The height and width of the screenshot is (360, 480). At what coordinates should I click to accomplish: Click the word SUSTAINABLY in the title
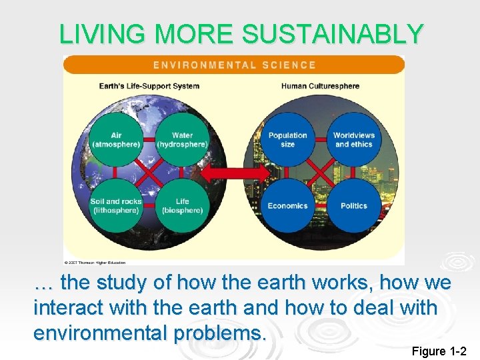point(333,34)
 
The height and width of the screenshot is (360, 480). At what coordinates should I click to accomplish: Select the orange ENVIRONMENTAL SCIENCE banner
point(234,65)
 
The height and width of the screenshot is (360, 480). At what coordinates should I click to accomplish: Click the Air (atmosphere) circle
point(116,139)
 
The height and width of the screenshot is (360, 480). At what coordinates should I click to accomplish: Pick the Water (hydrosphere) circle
point(182,139)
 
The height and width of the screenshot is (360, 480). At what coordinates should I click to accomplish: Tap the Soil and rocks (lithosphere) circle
point(116,205)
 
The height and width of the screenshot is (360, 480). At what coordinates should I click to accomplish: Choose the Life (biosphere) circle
point(182,205)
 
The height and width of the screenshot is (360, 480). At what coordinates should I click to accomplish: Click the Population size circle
point(288,139)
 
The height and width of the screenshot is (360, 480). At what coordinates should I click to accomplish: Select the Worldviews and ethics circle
point(354,139)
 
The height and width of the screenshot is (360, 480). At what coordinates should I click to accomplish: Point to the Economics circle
point(288,205)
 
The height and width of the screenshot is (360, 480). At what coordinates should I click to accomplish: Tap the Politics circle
point(354,205)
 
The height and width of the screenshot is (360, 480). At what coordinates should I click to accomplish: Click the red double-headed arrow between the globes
point(235,173)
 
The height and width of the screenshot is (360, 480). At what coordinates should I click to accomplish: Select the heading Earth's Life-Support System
point(149,86)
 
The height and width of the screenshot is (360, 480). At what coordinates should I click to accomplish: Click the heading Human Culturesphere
point(320,86)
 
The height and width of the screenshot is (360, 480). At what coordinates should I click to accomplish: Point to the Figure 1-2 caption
point(439,351)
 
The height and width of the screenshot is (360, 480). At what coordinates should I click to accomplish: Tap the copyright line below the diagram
point(101,262)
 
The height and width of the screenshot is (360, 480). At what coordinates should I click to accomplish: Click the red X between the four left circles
point(149,173)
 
